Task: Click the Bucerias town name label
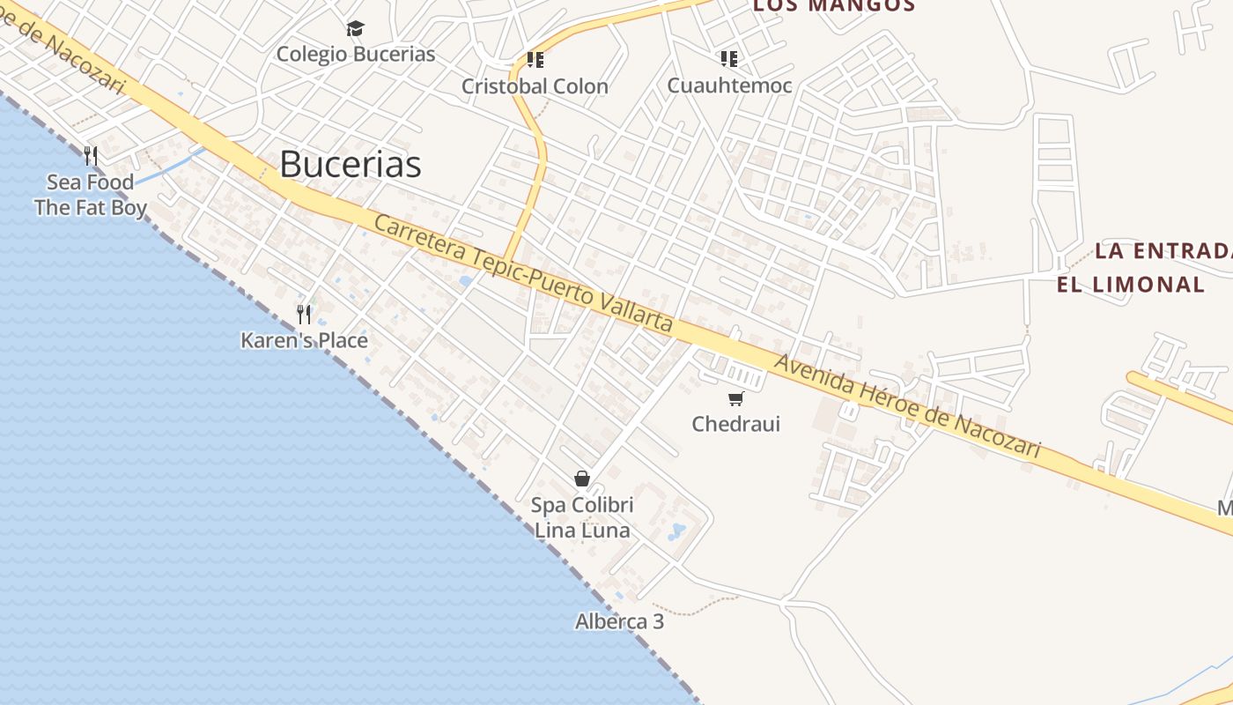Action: click(351, 165)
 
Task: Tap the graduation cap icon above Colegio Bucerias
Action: click(355, 29)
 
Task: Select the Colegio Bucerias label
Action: click(356, 54)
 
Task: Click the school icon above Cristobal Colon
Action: click(535, 60)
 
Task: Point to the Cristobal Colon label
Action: click(535, 86)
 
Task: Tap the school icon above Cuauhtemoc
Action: click(728, 59)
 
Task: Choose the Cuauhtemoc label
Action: click(729, 85)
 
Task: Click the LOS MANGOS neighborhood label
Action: click(833, 5)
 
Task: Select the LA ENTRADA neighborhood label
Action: click(1163, 250)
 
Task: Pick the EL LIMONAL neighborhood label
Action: click(1131, 285)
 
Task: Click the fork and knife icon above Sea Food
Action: click(90, 156)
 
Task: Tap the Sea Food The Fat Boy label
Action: click(90, 196)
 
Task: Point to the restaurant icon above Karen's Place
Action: click(304, 315)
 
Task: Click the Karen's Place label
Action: click(304, 340)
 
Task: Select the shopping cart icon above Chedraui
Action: click(735, 398)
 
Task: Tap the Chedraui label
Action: click(735, 424)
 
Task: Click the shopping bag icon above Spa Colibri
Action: click(582, 479)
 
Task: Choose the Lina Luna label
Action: click(582, 531)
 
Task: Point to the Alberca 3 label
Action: click(619, 621)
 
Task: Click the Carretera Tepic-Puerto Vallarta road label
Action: click(523, 273)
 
